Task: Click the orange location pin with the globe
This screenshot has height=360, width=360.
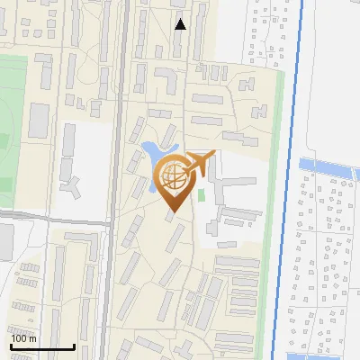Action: pyautogui.click(x=172, y=180)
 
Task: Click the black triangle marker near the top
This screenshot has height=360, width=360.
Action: pyautogui.click(x=181, y=24)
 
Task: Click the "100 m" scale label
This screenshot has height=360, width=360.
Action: pyautogui.click(x=23, y=338)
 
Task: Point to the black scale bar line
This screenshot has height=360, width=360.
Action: pyautogui.click(x=41, y=346)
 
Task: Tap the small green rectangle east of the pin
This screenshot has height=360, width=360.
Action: pyautogui.click(x=202, y=193)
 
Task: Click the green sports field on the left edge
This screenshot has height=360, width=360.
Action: pyautogui.click(x=11, y=117)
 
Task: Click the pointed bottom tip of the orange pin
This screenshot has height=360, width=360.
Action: pyautogui.click(x=172, y=211)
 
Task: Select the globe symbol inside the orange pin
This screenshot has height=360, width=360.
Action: pyautogui.click(x=172, y=175)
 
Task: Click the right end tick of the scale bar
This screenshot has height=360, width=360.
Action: pyautogui.click(x=74, y=346)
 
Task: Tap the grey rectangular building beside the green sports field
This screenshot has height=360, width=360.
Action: pyautogui.click(x=40, y=120)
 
